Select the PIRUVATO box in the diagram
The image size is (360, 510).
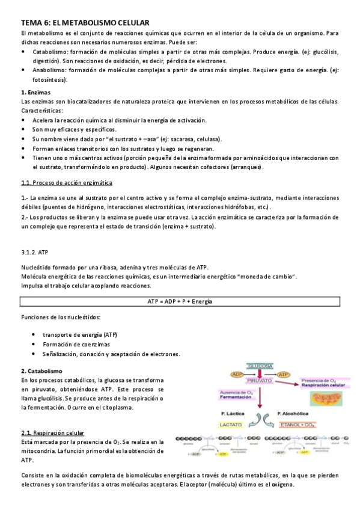click(259, 380)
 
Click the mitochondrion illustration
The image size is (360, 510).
click(327, 399)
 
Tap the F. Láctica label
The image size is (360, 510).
click(232, 414)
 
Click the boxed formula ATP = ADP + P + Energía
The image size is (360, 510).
click(180, 301)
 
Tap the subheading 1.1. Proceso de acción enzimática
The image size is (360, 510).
click(66, 182)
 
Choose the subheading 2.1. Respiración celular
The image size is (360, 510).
click(53, 432)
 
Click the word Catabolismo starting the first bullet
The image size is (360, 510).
click(49, 52)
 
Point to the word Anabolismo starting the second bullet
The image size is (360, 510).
click(49, 70)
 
